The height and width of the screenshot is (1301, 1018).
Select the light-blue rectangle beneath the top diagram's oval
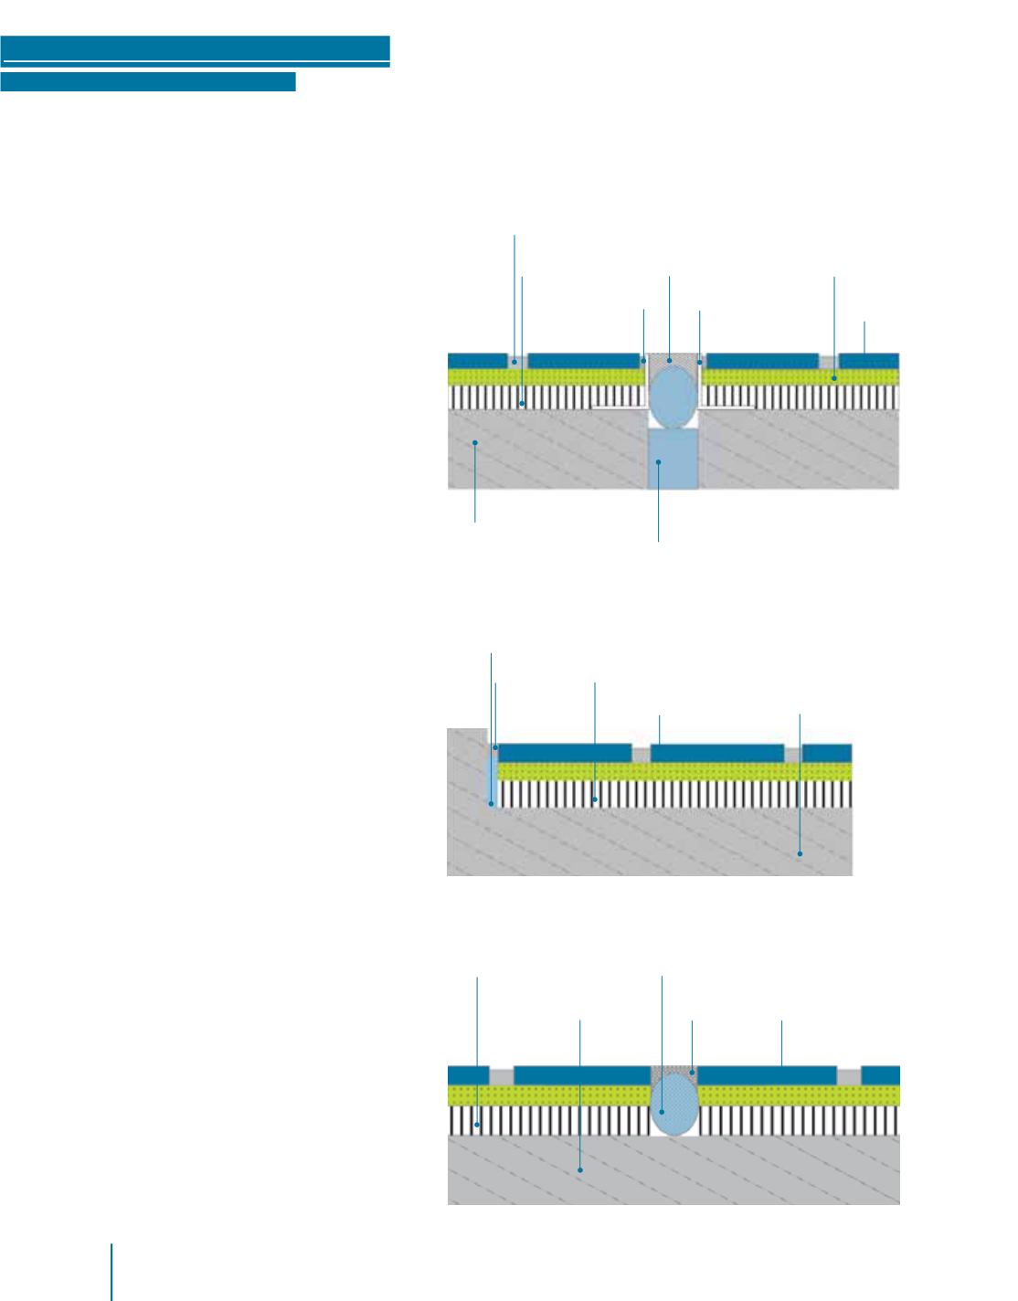point(673,460)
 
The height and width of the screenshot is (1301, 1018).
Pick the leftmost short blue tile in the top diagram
point(477,360)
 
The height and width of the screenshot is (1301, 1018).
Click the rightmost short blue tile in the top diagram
point(869,360)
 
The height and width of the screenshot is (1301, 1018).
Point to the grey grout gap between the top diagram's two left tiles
point(517,360)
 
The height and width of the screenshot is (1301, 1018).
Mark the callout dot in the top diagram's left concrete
point(475,443)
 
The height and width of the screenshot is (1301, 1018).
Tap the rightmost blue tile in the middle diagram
point(827,753)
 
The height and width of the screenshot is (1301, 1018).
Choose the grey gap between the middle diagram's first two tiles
point(641,755)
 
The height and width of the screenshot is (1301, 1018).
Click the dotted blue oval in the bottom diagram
point(674,1104)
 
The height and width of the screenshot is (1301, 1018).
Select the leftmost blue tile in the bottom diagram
point(469,1074)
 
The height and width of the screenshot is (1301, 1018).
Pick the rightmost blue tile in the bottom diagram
point(881,1074)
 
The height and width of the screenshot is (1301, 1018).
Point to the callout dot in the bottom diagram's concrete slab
point(580,1169)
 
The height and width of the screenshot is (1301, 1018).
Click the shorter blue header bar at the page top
point(148,83)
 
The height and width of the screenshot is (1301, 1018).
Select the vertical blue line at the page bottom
point(112,1271)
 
